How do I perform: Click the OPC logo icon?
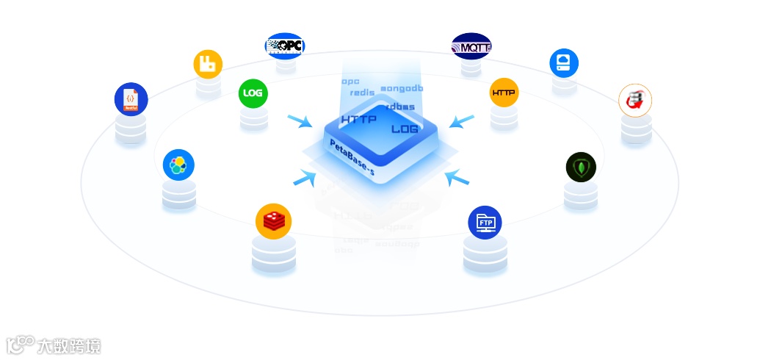pos(285,46)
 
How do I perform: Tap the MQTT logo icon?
pos(471,47)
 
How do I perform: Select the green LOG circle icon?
pos(253,93)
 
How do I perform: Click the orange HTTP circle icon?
pos(504,93)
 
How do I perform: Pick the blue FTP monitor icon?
pos(485,221)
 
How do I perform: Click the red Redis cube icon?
pos(273,220)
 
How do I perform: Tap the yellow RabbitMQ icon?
pos(208,64)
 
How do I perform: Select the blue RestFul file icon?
pos(131,99)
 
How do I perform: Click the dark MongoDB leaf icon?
pos(581,168)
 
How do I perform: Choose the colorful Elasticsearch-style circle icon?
pos(178,165)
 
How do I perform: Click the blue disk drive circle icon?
pos(564,62)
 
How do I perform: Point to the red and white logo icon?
pos(635,100)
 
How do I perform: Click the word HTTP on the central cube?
pos(359,118)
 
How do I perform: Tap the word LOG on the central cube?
pos(405,129)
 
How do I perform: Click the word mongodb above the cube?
pos(401,88)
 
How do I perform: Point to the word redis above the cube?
pos(362,93)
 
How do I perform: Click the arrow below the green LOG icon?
pos(300,121)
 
